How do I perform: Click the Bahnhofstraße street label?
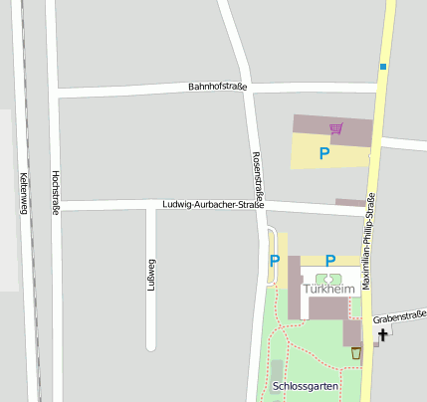click(x=217, y=88)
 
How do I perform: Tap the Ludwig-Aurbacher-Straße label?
click(x=212, y=205)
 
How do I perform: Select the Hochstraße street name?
click(x=55, y=192)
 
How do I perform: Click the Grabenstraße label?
click(x=399, y=317)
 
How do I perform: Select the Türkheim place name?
click(x=329, y=289)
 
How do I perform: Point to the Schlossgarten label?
click(x=306, y=385)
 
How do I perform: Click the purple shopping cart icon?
click(x=336, y=128)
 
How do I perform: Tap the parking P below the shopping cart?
click(x=323, y=153)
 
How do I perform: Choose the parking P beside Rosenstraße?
click(x=275, y=261)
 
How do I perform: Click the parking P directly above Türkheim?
click(x=330, y=261)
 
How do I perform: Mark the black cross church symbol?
click(x=383, y=333)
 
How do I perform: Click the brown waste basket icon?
click(x=356, y=353)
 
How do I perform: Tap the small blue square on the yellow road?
click(x=382, y=67)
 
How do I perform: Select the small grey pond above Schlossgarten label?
click(x=277, y=370)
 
